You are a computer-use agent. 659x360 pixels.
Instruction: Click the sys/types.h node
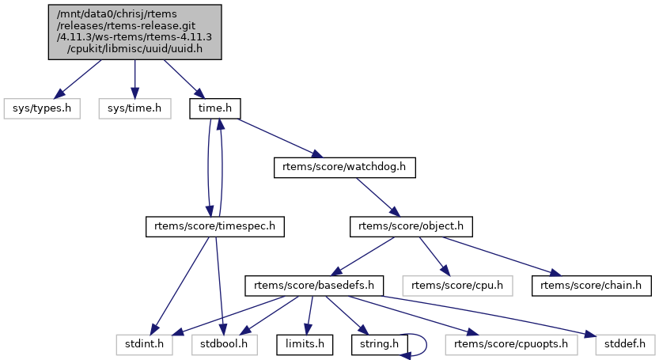coord(42,108)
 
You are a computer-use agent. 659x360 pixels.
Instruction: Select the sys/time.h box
coord(134,108)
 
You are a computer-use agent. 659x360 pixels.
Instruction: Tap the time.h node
coord(214,108)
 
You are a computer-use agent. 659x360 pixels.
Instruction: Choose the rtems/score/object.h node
coord(411,227)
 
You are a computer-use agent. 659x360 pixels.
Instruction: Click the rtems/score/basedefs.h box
coord(315,285)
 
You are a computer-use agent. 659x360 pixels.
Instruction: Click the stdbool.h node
coord(225,344)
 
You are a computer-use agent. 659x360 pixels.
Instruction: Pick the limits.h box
coord(301,344)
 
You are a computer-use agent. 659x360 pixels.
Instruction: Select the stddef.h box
coord(621,344)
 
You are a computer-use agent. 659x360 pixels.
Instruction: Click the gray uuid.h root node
coord(134,32)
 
